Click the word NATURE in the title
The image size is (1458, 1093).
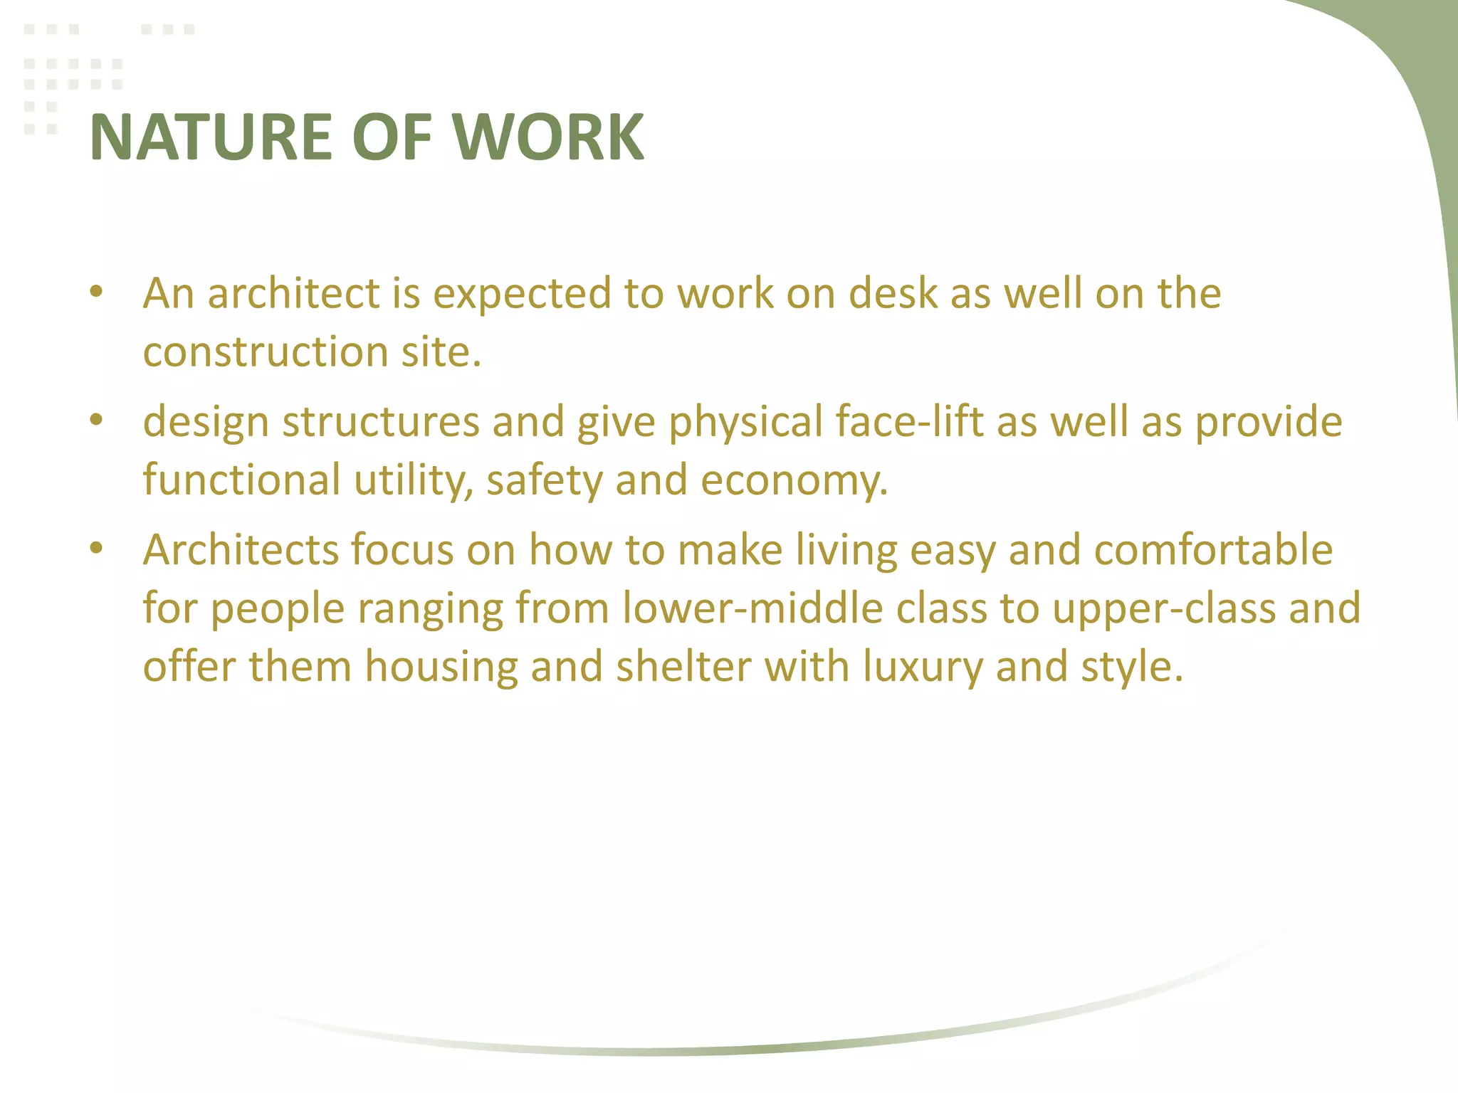coord(211,137)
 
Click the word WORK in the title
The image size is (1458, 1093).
coord(548,137)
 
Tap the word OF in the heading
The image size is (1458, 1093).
coord(392,137)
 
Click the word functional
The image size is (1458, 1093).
coord(242,480)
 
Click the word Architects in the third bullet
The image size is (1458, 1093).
coord(240,550)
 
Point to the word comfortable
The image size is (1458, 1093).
coord(1213,550)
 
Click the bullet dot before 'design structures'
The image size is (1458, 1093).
coord(97,420)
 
